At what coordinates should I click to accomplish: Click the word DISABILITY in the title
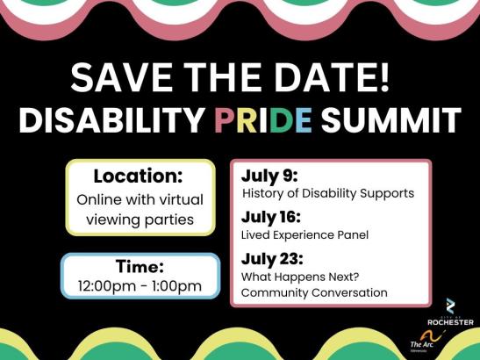point(111,119)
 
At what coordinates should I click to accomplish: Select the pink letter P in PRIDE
point(225,119)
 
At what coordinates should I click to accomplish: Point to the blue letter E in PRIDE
point(303,119)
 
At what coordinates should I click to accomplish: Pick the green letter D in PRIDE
point(281,119)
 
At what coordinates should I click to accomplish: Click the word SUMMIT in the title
point(390,119)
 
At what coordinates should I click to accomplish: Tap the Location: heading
point(138,176)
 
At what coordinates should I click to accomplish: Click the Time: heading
point(140,266)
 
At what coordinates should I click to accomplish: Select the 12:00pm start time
point(107,286)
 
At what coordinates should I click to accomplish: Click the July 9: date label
point(269,176)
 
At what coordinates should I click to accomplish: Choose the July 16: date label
point(271,218)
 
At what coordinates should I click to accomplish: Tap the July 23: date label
point(272,260)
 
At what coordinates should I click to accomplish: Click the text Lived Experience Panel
point(304,235)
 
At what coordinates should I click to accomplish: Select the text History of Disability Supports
point(328,194)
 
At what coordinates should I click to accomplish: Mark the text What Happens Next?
point(300,277)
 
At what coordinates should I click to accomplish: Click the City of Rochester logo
point(450,312)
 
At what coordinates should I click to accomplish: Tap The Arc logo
point(426,342)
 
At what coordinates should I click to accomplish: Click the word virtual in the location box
point(183,200)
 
